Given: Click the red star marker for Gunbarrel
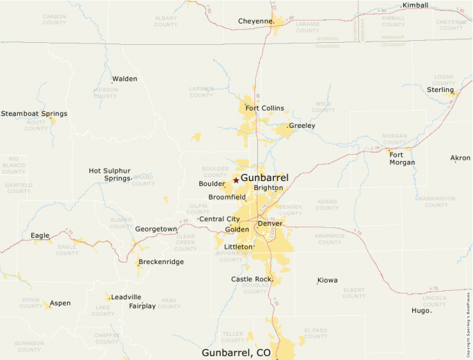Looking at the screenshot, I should (236, 180).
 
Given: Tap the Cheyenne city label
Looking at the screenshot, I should (256, 21).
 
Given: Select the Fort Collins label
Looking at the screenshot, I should (264, 108).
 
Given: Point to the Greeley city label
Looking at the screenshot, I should (302, 126).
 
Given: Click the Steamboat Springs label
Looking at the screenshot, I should (34, 113).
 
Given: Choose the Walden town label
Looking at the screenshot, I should (124, 79).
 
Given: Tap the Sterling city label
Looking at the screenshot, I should (440, 90).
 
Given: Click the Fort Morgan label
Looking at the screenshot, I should (402, 158).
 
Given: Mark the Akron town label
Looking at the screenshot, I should (460, 158).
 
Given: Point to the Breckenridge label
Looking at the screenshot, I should (161, 262).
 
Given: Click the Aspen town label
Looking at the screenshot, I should (60, 303).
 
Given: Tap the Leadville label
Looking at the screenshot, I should (126, 297).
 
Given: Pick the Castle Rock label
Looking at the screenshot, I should (252, 279).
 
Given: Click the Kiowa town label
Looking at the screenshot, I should (328, 281).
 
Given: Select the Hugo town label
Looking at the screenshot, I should (420, 310).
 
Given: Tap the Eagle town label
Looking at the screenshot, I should (40, 236).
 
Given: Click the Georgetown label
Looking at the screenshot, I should (156, 229).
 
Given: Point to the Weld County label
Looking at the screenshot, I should (323, 107).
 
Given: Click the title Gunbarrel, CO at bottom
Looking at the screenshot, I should (236, 352).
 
